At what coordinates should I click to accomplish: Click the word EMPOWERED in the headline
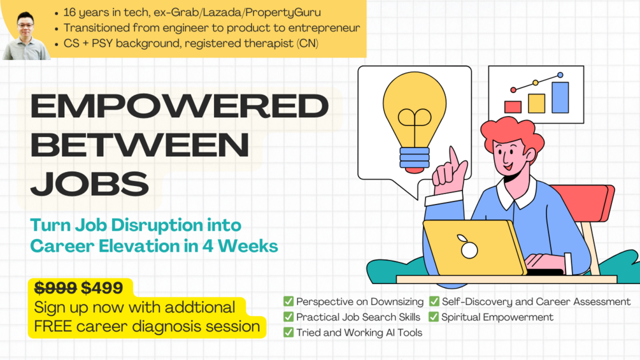pos(179,106)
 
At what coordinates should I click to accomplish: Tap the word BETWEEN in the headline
pos(139,145)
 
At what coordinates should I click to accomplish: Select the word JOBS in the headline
pos(90,184)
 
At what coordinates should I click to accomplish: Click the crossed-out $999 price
pos(55,288)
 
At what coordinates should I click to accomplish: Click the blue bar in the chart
pos(560,97)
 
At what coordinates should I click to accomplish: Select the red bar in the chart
pos(513,106)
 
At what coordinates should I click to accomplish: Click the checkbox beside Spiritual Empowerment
pos(434,317)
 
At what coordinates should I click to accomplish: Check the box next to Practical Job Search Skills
pos(288,317)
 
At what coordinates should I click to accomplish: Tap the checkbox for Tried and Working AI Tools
pos(288,332)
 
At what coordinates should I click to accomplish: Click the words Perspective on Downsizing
pos(360,301)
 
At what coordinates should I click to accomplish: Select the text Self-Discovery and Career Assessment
pos(536,301)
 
